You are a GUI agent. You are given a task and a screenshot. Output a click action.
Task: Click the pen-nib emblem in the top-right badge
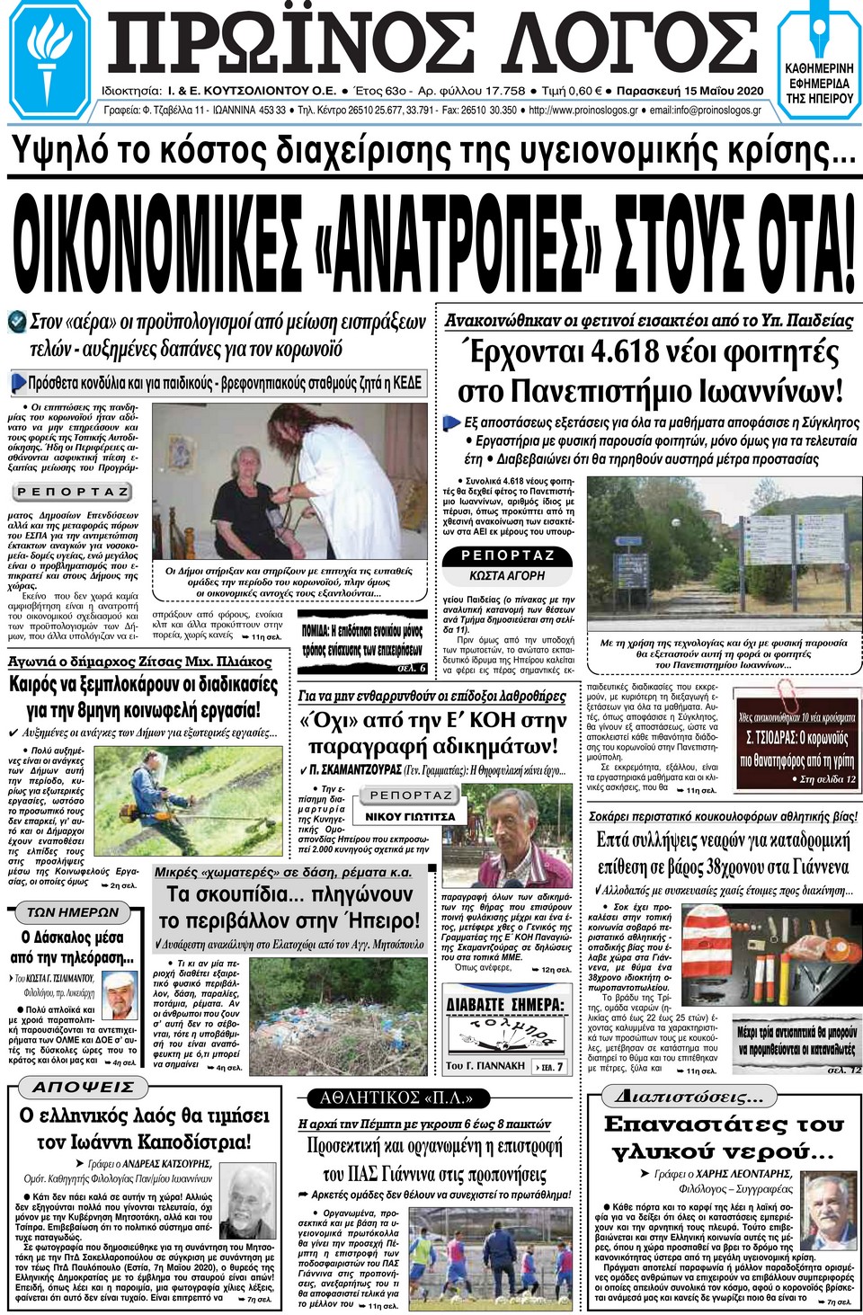point(819,33)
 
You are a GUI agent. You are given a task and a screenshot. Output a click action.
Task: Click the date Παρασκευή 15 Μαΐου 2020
point(690,91)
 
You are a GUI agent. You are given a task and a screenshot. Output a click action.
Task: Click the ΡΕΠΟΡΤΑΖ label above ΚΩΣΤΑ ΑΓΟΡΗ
point(507,555)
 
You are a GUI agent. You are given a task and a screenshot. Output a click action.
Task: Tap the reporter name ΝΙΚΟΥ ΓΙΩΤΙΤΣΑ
point(410,816)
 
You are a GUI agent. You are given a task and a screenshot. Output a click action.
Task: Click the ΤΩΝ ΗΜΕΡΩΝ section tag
point(72,911)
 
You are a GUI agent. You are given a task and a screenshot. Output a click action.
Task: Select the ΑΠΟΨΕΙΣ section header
point(84,1087)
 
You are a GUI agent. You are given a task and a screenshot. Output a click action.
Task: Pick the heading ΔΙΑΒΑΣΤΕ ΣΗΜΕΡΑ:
point(505,1004)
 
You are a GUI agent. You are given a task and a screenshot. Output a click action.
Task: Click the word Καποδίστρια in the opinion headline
point(194,1142)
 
